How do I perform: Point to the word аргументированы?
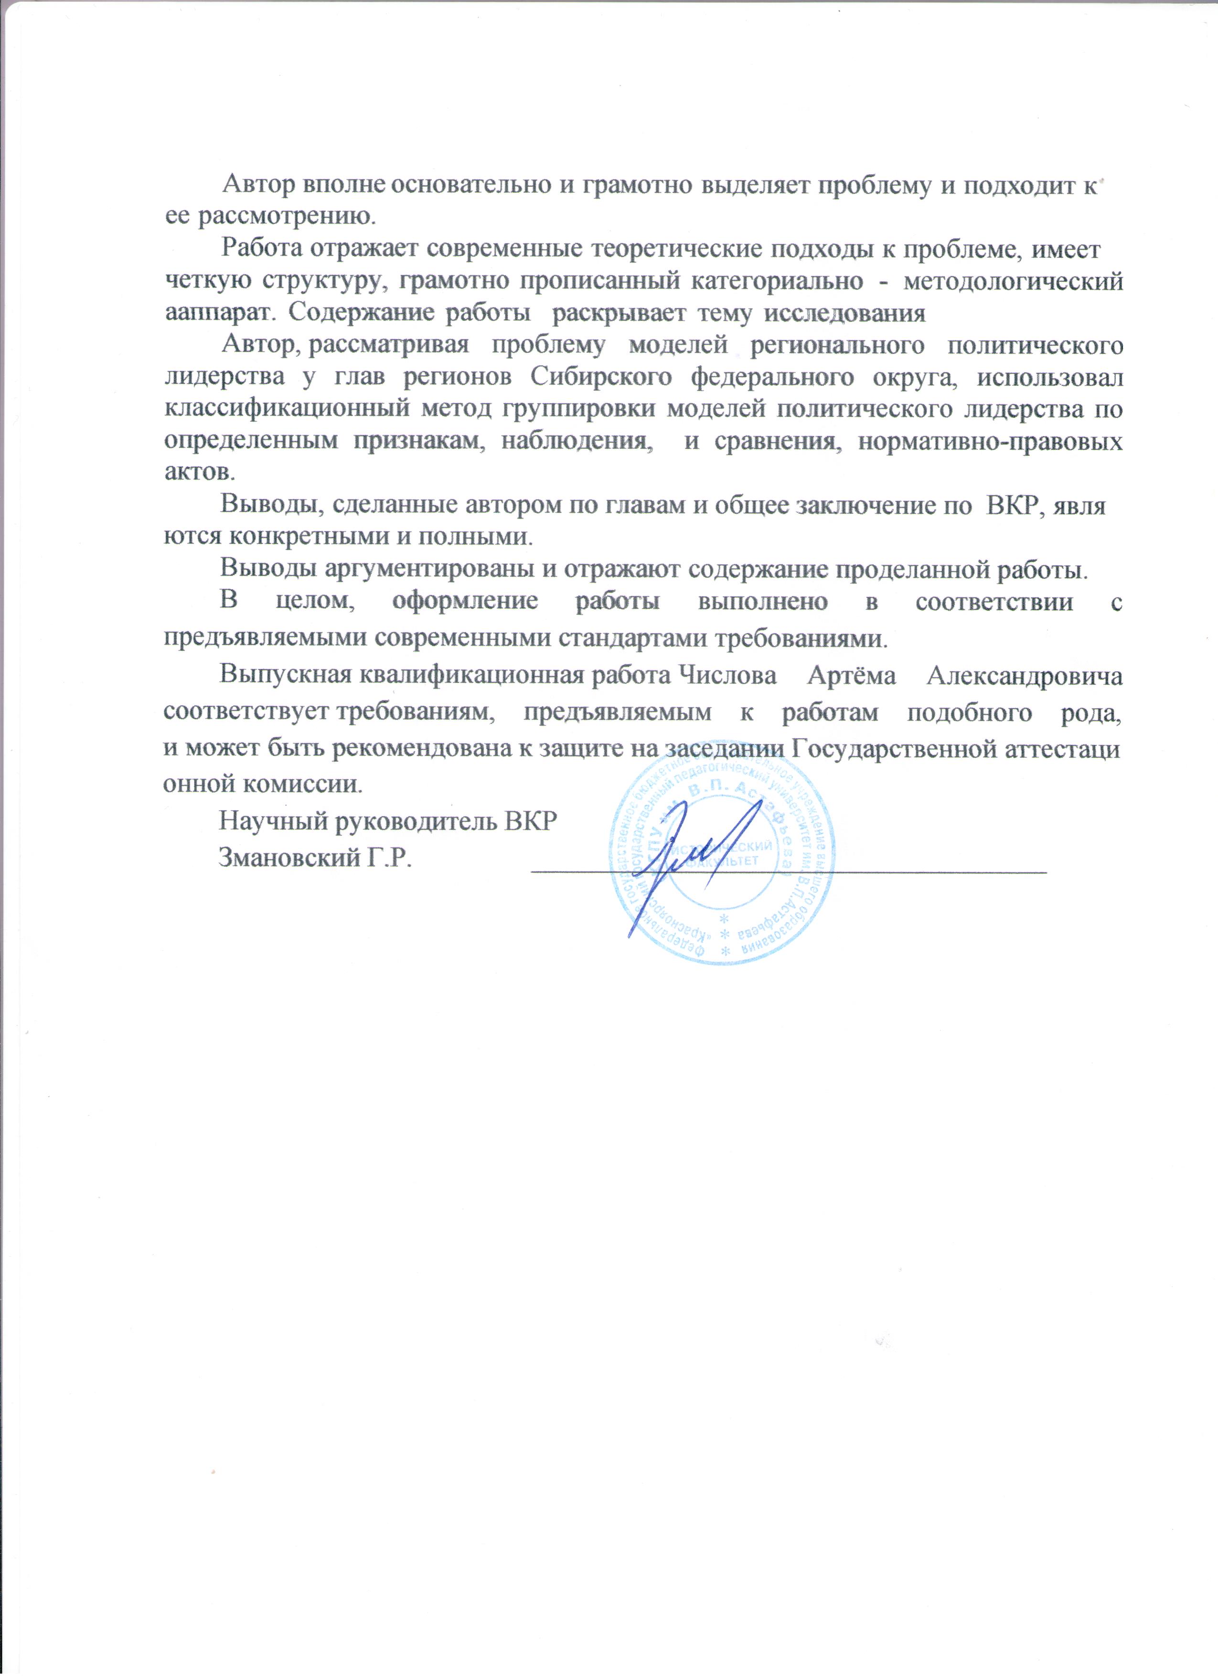418,570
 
